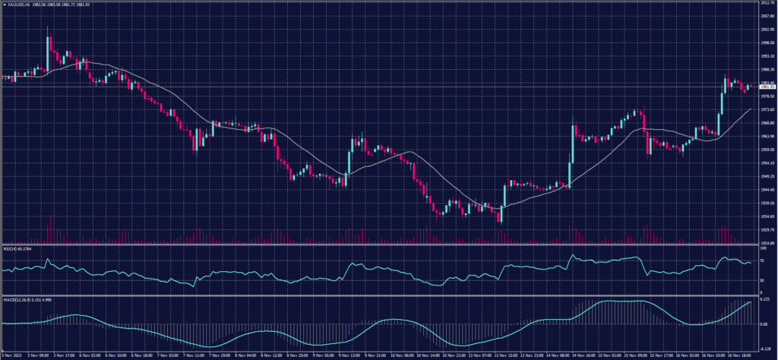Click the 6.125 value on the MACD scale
coord(766,299)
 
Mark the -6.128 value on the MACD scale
coord(766,348)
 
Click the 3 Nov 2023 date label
coord(11,355)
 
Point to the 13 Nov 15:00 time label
coord(505,355)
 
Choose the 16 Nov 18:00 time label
coord(739,355)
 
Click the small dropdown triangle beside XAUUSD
coord(3,5)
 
